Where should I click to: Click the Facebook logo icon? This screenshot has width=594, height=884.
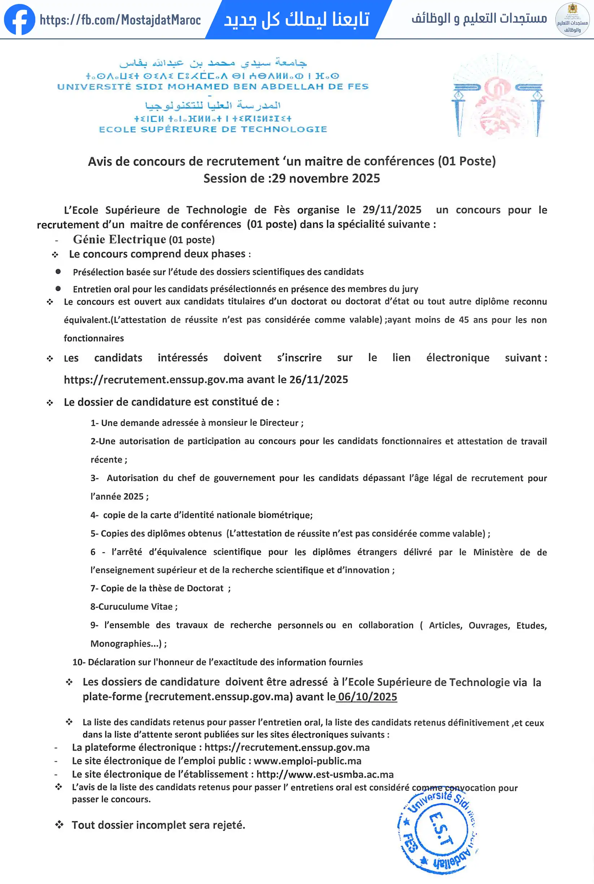(x=19, y=20)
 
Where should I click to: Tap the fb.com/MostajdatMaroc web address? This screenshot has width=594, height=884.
(x=120, y=20)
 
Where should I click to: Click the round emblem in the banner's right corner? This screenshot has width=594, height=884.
(x=572, y=20)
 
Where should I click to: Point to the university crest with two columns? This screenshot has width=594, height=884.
(x=498, y=96)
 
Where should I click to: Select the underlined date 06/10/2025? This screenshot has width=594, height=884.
(x=367, y=697)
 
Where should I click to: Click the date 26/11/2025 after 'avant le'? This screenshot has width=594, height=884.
(x=319, y=380)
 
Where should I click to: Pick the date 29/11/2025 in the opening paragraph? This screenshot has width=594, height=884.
(x=392, y=210)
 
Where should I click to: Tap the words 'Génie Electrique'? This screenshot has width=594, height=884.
(x=119, y=239)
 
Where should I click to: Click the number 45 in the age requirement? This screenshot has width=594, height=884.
(x=464, y=320)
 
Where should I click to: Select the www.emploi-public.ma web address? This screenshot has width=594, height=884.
(x=307, y=761)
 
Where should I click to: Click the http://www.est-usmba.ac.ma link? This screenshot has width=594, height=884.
(x=325, y=774)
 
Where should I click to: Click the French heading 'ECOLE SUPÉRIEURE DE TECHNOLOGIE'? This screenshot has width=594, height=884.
(x=213, y=129)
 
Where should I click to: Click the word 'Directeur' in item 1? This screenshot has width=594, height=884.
(x=279, y=423)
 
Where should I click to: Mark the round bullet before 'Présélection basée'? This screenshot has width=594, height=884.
(x=58, y=272)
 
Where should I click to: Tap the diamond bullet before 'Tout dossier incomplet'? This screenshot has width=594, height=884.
(x=59, y=825)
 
